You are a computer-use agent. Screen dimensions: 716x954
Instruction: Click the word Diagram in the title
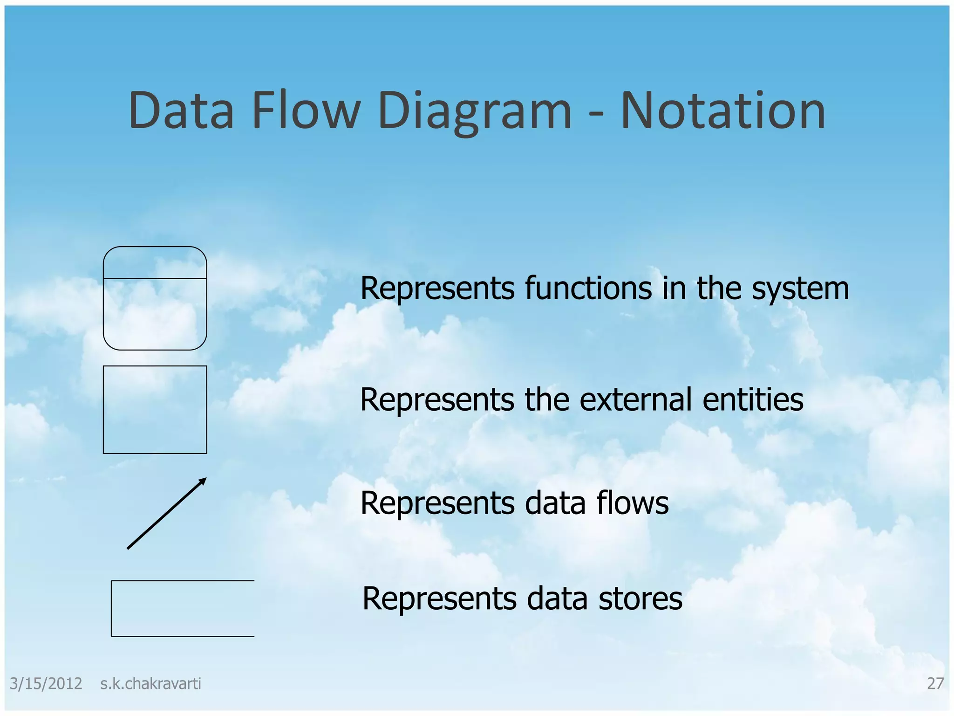click(474, 112)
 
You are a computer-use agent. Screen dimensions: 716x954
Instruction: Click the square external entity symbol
click(155, 409)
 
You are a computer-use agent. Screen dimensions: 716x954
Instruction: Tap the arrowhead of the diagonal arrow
click(202, 482)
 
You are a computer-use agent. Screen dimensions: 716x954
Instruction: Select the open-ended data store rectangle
click(182, 608)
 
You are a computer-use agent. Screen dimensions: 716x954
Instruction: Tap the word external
click(608, 399)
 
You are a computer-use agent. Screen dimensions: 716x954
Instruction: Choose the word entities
click(753, 399)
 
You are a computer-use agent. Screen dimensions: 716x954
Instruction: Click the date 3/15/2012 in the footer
click(46, 684)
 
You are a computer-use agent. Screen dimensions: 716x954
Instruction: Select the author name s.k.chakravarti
click(150, 684)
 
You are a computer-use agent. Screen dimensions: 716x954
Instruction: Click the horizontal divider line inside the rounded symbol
click(155, 278)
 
